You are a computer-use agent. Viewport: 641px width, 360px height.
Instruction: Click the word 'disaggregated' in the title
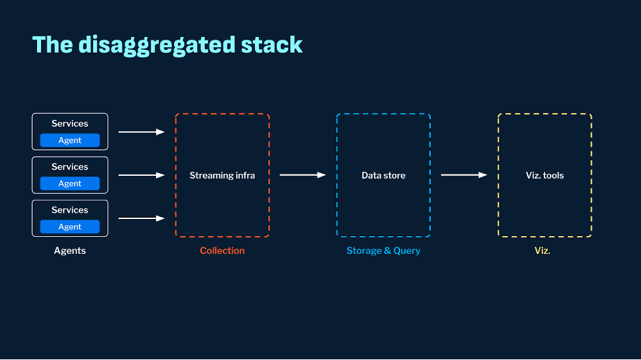(157, 46)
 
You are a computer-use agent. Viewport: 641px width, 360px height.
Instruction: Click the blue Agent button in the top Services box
(70, 140)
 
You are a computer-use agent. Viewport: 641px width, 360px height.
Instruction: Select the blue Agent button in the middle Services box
(70, 183)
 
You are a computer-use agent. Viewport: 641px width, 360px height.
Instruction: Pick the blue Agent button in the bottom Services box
(70, 227)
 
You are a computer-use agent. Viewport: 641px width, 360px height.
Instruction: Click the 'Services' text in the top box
(70, 123)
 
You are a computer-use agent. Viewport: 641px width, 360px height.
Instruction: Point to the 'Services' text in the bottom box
(70, 210)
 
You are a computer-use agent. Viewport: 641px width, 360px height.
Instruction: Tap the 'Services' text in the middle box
(70, 167)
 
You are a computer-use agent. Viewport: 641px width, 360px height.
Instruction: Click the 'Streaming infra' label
(223, 175)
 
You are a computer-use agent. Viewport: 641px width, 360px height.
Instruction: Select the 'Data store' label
(384, 175)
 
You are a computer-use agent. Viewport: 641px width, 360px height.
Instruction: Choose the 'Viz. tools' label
(545, 175)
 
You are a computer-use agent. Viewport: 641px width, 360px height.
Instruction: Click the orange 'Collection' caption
(223, 250)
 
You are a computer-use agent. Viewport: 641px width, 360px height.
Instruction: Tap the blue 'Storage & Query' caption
(384, 250)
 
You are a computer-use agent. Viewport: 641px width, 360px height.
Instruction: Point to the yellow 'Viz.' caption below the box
(542, 250)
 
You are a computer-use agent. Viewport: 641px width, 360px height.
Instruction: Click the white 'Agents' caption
(70, 250)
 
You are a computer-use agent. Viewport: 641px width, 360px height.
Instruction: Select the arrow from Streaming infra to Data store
(303, 175)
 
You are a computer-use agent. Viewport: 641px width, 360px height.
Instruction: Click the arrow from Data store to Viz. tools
(464, 175)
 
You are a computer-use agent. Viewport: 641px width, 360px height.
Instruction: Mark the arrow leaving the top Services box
(142, 132)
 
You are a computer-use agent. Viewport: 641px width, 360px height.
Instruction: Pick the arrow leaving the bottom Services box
(142, 218)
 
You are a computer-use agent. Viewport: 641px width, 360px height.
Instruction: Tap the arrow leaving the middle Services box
(142, 175)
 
